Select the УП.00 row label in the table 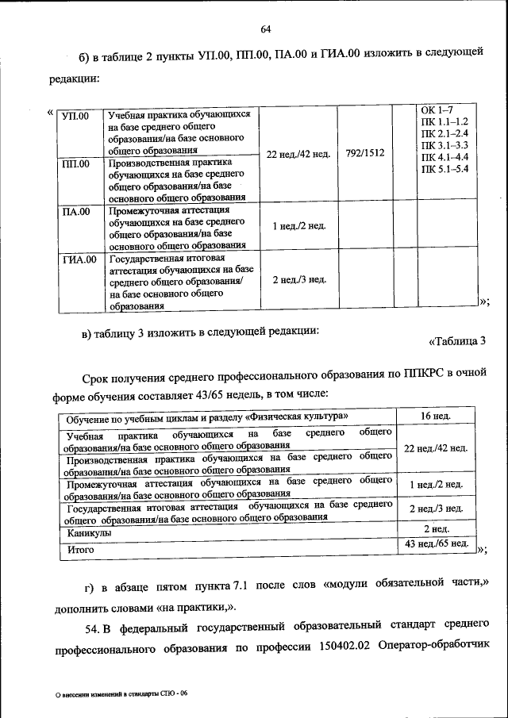(x=77, y=116)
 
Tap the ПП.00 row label (x=77, y=164)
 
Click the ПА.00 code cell (x=77, y=211)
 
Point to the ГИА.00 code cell (x=79, y=259)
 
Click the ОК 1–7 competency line (x=436, y=109)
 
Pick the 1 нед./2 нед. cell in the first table (x=298, y=226)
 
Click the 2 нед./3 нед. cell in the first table (x=298, y=279)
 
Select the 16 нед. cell (x=436, y=416)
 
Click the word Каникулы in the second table (x=90, y=534)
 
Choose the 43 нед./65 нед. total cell (x=436, y=544)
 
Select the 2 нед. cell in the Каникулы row (x=436, y=528)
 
